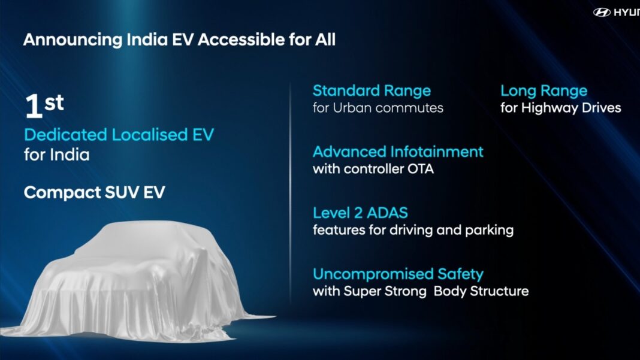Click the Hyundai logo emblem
pos(602,12)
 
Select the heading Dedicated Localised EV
pos(119,135)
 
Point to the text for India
pos(56,155)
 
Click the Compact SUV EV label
pos(94,193)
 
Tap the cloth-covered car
pos(132,282)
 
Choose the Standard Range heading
pos(372,91)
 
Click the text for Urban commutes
pos(378,108)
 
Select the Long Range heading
pos(544,91)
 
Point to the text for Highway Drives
pos(561,108)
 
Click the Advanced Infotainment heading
pos(398,152)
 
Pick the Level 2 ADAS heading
pos(361,213)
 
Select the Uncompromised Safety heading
pos(398,274)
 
